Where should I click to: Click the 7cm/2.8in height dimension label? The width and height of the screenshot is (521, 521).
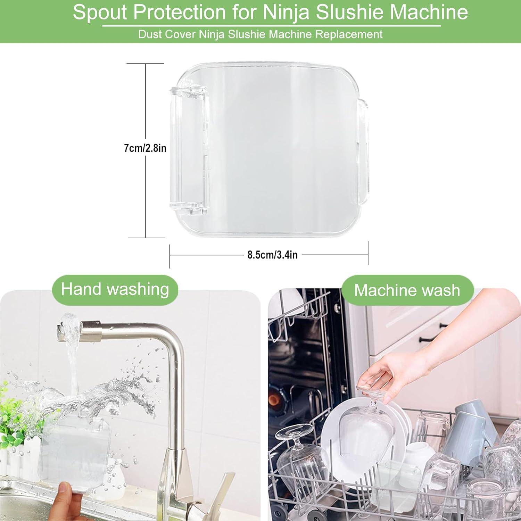(x=145, y=148)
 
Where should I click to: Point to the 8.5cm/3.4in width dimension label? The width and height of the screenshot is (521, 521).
(x=272, y=255)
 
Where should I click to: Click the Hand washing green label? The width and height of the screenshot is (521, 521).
(x=115, y=289)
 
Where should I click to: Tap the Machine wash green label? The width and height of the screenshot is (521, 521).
(x=407, y=290)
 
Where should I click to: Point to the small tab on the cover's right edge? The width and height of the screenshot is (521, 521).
(x=363, y=151)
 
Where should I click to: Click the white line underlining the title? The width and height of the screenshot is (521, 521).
(x=271, y=26)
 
